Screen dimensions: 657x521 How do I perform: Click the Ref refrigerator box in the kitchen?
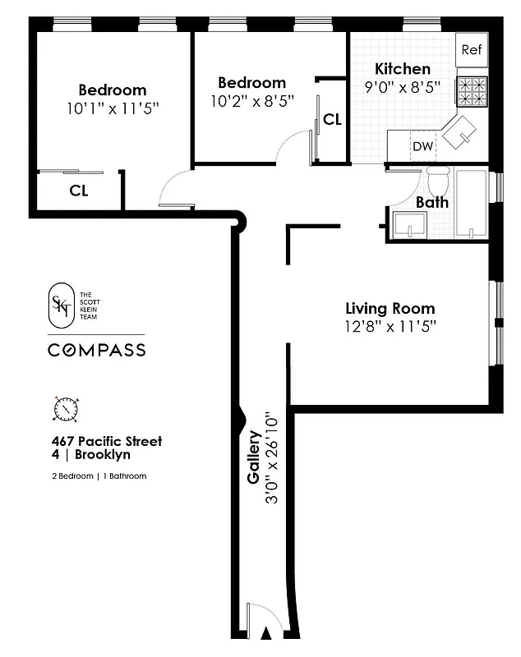(471, 49)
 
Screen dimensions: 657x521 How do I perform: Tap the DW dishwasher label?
(422, 147)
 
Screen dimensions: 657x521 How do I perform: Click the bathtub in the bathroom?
(471, 205)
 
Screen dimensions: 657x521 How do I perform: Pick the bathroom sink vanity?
(409, 224)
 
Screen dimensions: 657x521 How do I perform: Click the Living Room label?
(390, 309)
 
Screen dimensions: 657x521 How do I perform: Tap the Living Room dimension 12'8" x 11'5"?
(390, 326)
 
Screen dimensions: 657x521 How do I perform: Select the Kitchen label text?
(403, 69)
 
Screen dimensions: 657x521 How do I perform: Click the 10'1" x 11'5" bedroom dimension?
(113, 107)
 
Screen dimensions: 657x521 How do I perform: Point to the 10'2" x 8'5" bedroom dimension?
(251, 99)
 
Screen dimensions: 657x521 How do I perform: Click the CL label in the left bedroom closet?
(79, 191)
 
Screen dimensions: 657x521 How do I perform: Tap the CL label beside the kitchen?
(332, 120)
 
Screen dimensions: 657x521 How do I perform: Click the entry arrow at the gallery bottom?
(265, 633)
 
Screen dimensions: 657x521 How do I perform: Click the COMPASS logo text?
(96, 350)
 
